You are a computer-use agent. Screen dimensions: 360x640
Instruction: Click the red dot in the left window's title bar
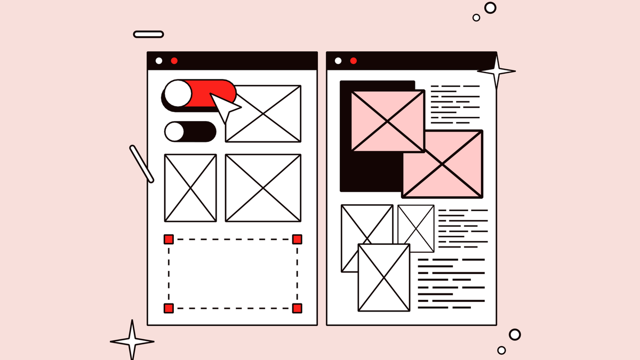(x=174, y=61)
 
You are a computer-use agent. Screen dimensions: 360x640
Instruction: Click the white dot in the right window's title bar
(x=338, y=61)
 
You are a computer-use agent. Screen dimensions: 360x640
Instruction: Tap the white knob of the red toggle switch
(x=178, y=94)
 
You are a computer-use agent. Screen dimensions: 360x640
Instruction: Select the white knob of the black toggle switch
(x=174, y=131)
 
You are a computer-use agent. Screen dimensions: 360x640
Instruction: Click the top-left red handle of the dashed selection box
(x=169, y=239)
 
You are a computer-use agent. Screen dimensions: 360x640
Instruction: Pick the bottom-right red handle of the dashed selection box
(x=297, y=308)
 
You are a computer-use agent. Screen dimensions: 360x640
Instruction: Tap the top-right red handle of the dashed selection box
(x=297, y=239)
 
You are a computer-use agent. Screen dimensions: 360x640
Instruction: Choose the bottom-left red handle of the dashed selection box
(x=169, y=308)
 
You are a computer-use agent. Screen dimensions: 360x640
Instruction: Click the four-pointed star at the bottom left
(x=132, y=341)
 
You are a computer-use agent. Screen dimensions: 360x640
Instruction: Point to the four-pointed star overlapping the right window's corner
(x=497, y=70)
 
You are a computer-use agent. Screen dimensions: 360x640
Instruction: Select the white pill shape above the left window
(x=148, y=34)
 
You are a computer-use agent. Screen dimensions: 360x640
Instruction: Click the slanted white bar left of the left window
(x=141, y=164)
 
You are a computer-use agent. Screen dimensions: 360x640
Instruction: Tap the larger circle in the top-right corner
(x=490, y=7)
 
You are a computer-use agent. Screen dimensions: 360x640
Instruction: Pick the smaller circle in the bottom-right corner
(x=501, y=350)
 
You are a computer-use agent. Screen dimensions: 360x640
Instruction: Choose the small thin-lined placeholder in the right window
(x=416, y=228)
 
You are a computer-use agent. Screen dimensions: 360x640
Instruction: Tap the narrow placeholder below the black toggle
(x=190, y=188)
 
